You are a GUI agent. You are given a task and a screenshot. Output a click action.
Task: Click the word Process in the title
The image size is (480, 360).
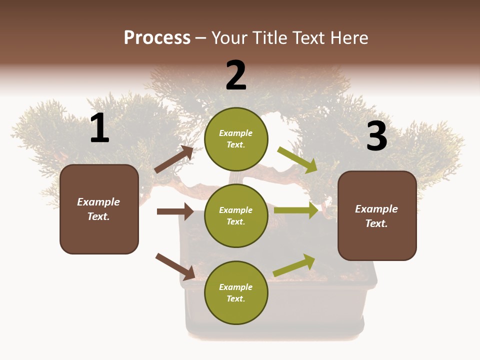[157, 37]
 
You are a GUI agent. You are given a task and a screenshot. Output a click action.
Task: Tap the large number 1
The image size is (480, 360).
[99, 128]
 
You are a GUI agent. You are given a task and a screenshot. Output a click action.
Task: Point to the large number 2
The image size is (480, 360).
[236, 75]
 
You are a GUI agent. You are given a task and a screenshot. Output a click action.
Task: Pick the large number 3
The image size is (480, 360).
[376, 136]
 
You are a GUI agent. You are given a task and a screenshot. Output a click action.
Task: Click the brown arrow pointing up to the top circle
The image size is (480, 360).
[174, 159]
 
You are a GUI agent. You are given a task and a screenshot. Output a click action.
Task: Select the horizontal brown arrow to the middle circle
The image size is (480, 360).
[175, 211]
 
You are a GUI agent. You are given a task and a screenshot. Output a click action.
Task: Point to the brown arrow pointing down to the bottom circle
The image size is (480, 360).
[175, 266]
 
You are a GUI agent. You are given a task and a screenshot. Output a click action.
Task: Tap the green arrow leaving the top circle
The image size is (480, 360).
[297, 160]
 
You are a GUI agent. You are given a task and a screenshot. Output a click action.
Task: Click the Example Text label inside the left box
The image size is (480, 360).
[98, 209]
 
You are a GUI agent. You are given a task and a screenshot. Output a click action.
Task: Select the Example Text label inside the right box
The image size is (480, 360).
[376, 216]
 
